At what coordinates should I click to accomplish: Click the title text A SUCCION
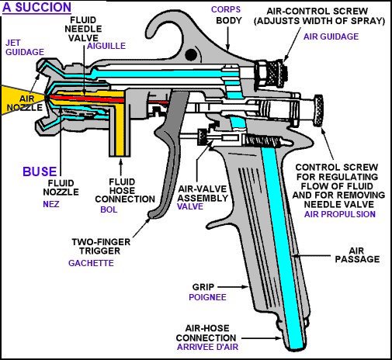tap(36, 7)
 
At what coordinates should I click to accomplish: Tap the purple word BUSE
tap(40, 171)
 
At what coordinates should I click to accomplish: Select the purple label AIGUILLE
tap(106, 46)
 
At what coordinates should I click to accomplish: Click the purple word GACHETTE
tap(91, 263)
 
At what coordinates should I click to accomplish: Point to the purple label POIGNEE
tap(207, 297)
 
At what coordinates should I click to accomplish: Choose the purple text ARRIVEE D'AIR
tap(207, 347)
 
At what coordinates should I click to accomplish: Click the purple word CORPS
tap(226, 9)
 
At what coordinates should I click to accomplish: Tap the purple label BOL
tap(109, 209)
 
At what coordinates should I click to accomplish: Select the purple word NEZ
tap(51, 204)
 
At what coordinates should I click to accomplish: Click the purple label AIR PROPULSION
tap(340, 214)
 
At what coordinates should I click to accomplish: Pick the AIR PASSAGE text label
tap(357, 254)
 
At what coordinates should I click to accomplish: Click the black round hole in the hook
tap(191, 55)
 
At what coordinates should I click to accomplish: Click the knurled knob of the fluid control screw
tap(318, 110)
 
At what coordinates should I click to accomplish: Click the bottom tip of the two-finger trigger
tap(151, 215)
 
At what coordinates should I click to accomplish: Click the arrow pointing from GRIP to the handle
tap(233, 286)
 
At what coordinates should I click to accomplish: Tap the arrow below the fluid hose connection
tap(120, 168)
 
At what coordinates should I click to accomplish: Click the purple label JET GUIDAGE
tap(25, 47)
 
